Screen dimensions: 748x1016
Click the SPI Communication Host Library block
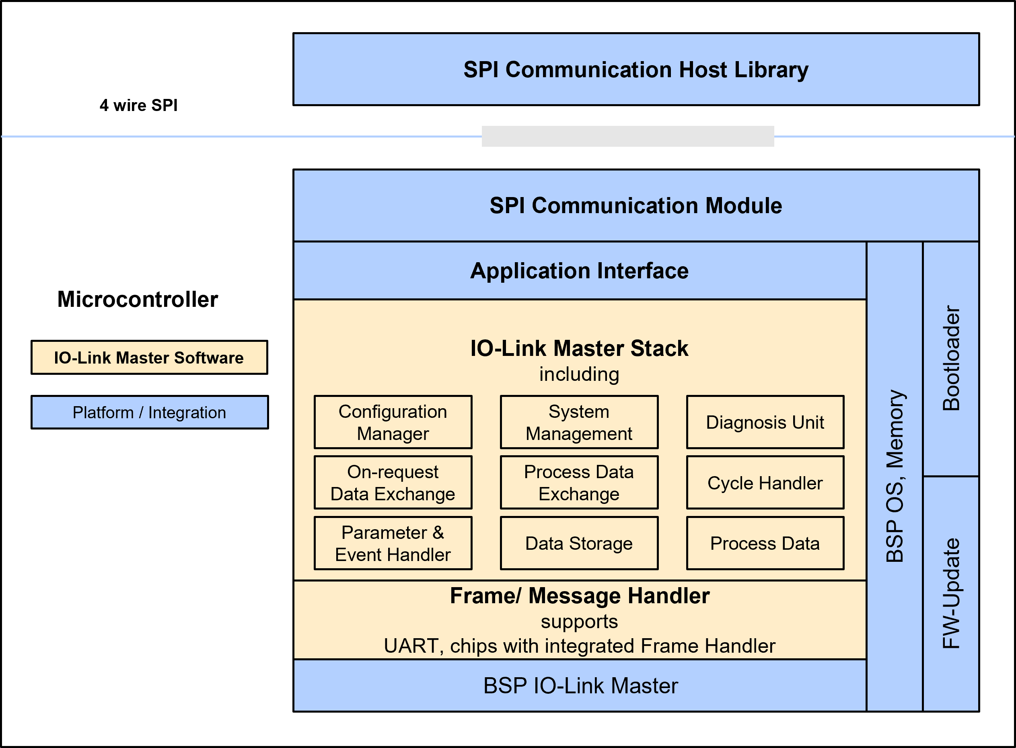(x=636, y=69)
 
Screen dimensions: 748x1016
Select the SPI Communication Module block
(x=636, y=205)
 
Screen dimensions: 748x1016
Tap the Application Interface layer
(x=580, y=271)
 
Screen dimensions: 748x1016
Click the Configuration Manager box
(x=393, y=422)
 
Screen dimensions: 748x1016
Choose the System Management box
(x=579, y=422)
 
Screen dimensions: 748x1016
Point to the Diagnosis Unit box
(x=765, y=422)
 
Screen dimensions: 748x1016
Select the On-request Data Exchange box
(x=393, y=483)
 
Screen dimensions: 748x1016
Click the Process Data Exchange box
(x=579, y=483)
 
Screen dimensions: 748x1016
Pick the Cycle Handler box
(x=765, y=483)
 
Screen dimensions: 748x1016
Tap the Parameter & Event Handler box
(x=393, y=543)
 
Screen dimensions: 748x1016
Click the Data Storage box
(x=579, y=543)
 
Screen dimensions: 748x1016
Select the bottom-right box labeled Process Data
(x=765, y=543)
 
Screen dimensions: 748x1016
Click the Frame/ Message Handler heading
(x=580, y=596)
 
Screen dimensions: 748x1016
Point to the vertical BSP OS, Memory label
(x=895, y=475)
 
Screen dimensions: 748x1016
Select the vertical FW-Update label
(x=951, y=593)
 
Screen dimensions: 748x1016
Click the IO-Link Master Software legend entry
(x=149, y=358)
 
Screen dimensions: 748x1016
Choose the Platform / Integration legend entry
(x=149, y=413)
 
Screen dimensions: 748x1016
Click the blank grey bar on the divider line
(x=627, y=136)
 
